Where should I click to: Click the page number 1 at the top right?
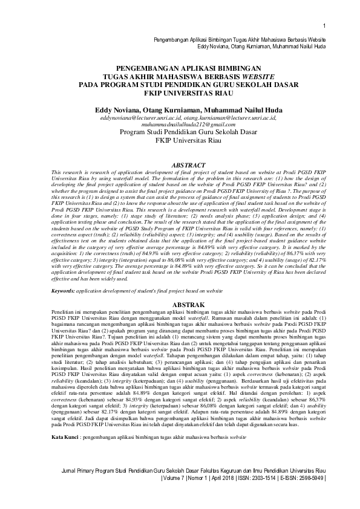click(325, 25)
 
